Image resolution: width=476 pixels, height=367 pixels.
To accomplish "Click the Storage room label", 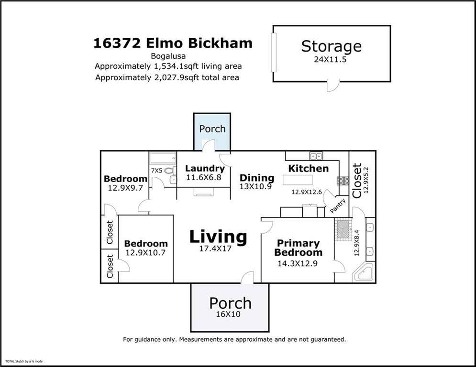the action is [x=331, y=47].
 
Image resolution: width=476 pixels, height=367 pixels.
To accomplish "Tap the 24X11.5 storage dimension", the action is [x=330, y=59].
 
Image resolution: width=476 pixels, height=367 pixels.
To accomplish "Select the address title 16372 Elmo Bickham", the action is [x=173, y=43].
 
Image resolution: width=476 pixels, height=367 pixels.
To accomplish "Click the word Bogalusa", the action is [x=168, y=56].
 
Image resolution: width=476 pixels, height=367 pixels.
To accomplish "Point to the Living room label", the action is [x=218, y=237].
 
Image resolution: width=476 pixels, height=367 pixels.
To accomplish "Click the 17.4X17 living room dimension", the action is [x=215, y=248].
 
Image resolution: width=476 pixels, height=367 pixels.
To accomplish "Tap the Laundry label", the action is [x=205, y=169].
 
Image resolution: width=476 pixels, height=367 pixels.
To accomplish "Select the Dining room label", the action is [x=257, y=178].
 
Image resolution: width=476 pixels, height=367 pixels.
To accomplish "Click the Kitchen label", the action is [x=309, y=168].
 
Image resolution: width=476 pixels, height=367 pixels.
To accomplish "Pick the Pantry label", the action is [x=338, y=206].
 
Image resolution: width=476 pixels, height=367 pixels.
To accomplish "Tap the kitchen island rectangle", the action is [x=298, y=180].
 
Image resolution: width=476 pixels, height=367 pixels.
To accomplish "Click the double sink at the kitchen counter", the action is [x=316, y=156].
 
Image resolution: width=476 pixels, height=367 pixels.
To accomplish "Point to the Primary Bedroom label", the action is [x=298, y=248].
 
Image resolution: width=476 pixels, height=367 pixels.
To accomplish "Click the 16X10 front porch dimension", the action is [x=228, y=314].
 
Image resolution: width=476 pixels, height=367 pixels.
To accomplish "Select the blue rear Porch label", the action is [x=212, y=129].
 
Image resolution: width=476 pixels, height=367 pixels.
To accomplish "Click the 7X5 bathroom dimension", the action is [x=156, y=171].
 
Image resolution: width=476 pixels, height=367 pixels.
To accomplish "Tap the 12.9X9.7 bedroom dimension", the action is [x=125, y=188].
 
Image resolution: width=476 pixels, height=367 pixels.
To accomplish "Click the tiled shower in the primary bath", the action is [x=343, y=229].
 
